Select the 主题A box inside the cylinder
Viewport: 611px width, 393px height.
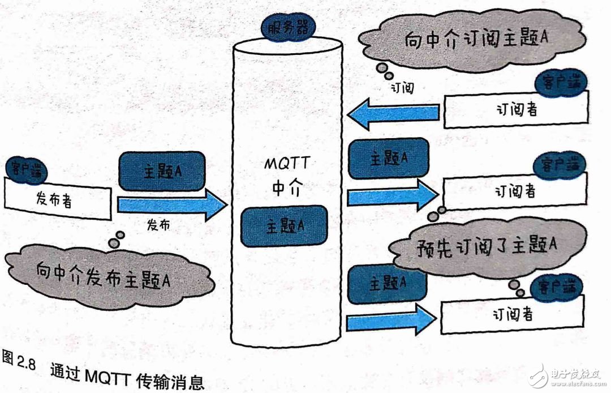284,225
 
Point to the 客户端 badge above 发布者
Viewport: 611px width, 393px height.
27,169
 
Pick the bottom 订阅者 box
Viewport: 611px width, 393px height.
512,315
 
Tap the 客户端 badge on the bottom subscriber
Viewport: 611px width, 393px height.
557,285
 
